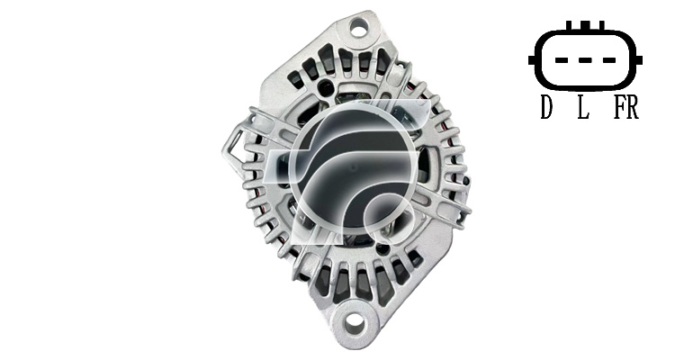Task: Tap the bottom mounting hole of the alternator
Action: tap(355, 325)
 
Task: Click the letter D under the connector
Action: tap(546, 108)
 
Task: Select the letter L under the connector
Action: tap(583, 108)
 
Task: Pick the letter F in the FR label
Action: tap(619, 108)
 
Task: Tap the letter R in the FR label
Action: tap(633, 108)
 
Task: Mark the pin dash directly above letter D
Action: tap(562, 60)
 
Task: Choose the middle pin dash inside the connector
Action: tap(585, 60)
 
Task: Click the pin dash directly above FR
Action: tap(609, 60)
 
